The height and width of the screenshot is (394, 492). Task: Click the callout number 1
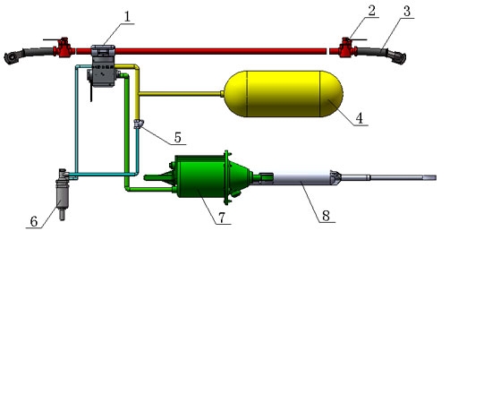tap(127, 17)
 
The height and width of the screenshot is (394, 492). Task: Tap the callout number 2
tap(372, 11)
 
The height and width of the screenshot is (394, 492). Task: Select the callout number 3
tap(407, 12)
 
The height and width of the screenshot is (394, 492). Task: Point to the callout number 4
tap(360, 118)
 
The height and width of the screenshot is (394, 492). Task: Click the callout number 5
tap(178, 138)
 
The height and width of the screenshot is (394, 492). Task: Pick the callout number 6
tap(34, 221)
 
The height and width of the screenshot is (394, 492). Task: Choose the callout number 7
tap(222, 218)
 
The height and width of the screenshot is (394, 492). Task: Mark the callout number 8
tap(326, 216)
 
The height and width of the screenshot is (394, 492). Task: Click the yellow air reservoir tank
tap(284, 94)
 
